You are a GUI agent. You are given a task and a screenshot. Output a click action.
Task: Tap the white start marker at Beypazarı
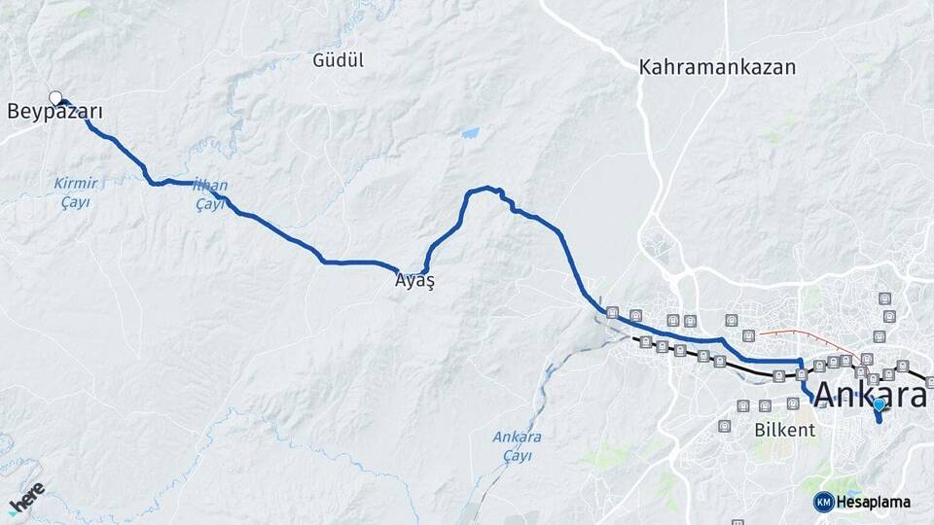point(55,96)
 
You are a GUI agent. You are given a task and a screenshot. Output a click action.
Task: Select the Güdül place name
point(338,60)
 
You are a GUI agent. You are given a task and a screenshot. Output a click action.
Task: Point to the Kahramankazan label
point(717,68)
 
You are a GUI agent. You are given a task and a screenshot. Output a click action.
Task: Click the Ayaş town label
point(413,281)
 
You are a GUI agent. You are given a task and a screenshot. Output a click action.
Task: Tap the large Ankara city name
point(869,396)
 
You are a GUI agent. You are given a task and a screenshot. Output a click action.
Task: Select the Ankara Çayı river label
point(517,446)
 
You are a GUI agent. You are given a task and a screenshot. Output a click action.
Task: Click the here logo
point(26,497)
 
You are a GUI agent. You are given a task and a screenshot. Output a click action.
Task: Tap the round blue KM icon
point(823,502)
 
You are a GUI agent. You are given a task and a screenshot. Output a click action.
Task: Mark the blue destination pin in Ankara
point(879,405)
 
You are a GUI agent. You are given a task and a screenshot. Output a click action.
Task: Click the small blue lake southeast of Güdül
point(471,132)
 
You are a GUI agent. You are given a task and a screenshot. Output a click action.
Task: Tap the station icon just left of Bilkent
point(724,426)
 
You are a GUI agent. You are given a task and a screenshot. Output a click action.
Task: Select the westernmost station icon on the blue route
point(612,313)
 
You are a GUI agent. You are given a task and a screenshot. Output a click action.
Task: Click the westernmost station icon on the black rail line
point(645,341)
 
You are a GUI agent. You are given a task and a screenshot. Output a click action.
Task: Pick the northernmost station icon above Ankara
point(884,297)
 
